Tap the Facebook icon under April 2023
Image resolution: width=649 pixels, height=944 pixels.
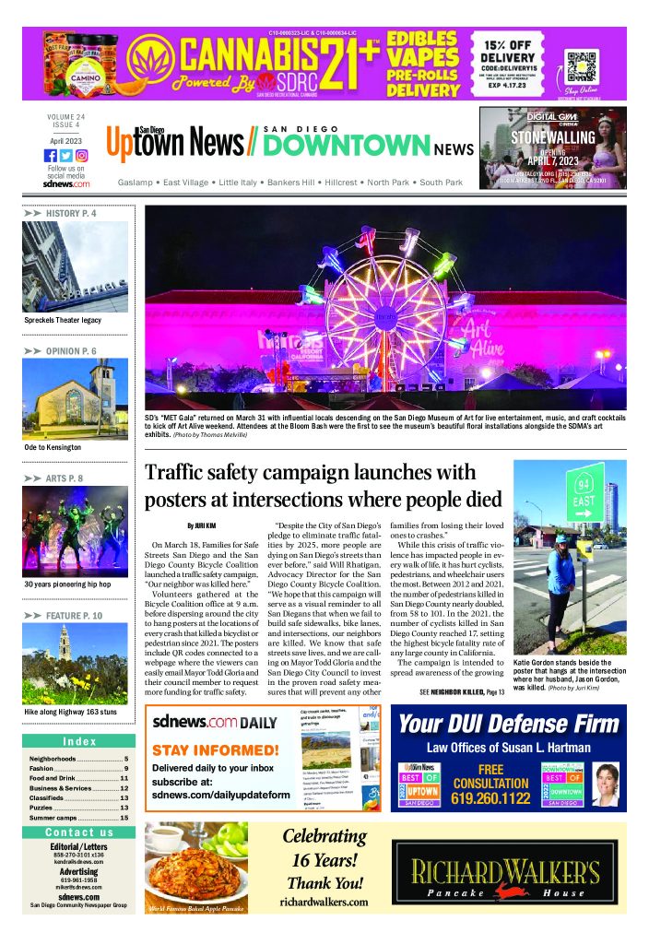click(51, 156)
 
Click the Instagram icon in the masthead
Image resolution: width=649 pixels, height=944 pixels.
click(82, 156)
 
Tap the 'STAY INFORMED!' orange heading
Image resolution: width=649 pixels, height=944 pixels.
click(215, 749)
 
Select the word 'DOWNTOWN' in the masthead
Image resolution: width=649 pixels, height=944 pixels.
click(347, 146)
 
